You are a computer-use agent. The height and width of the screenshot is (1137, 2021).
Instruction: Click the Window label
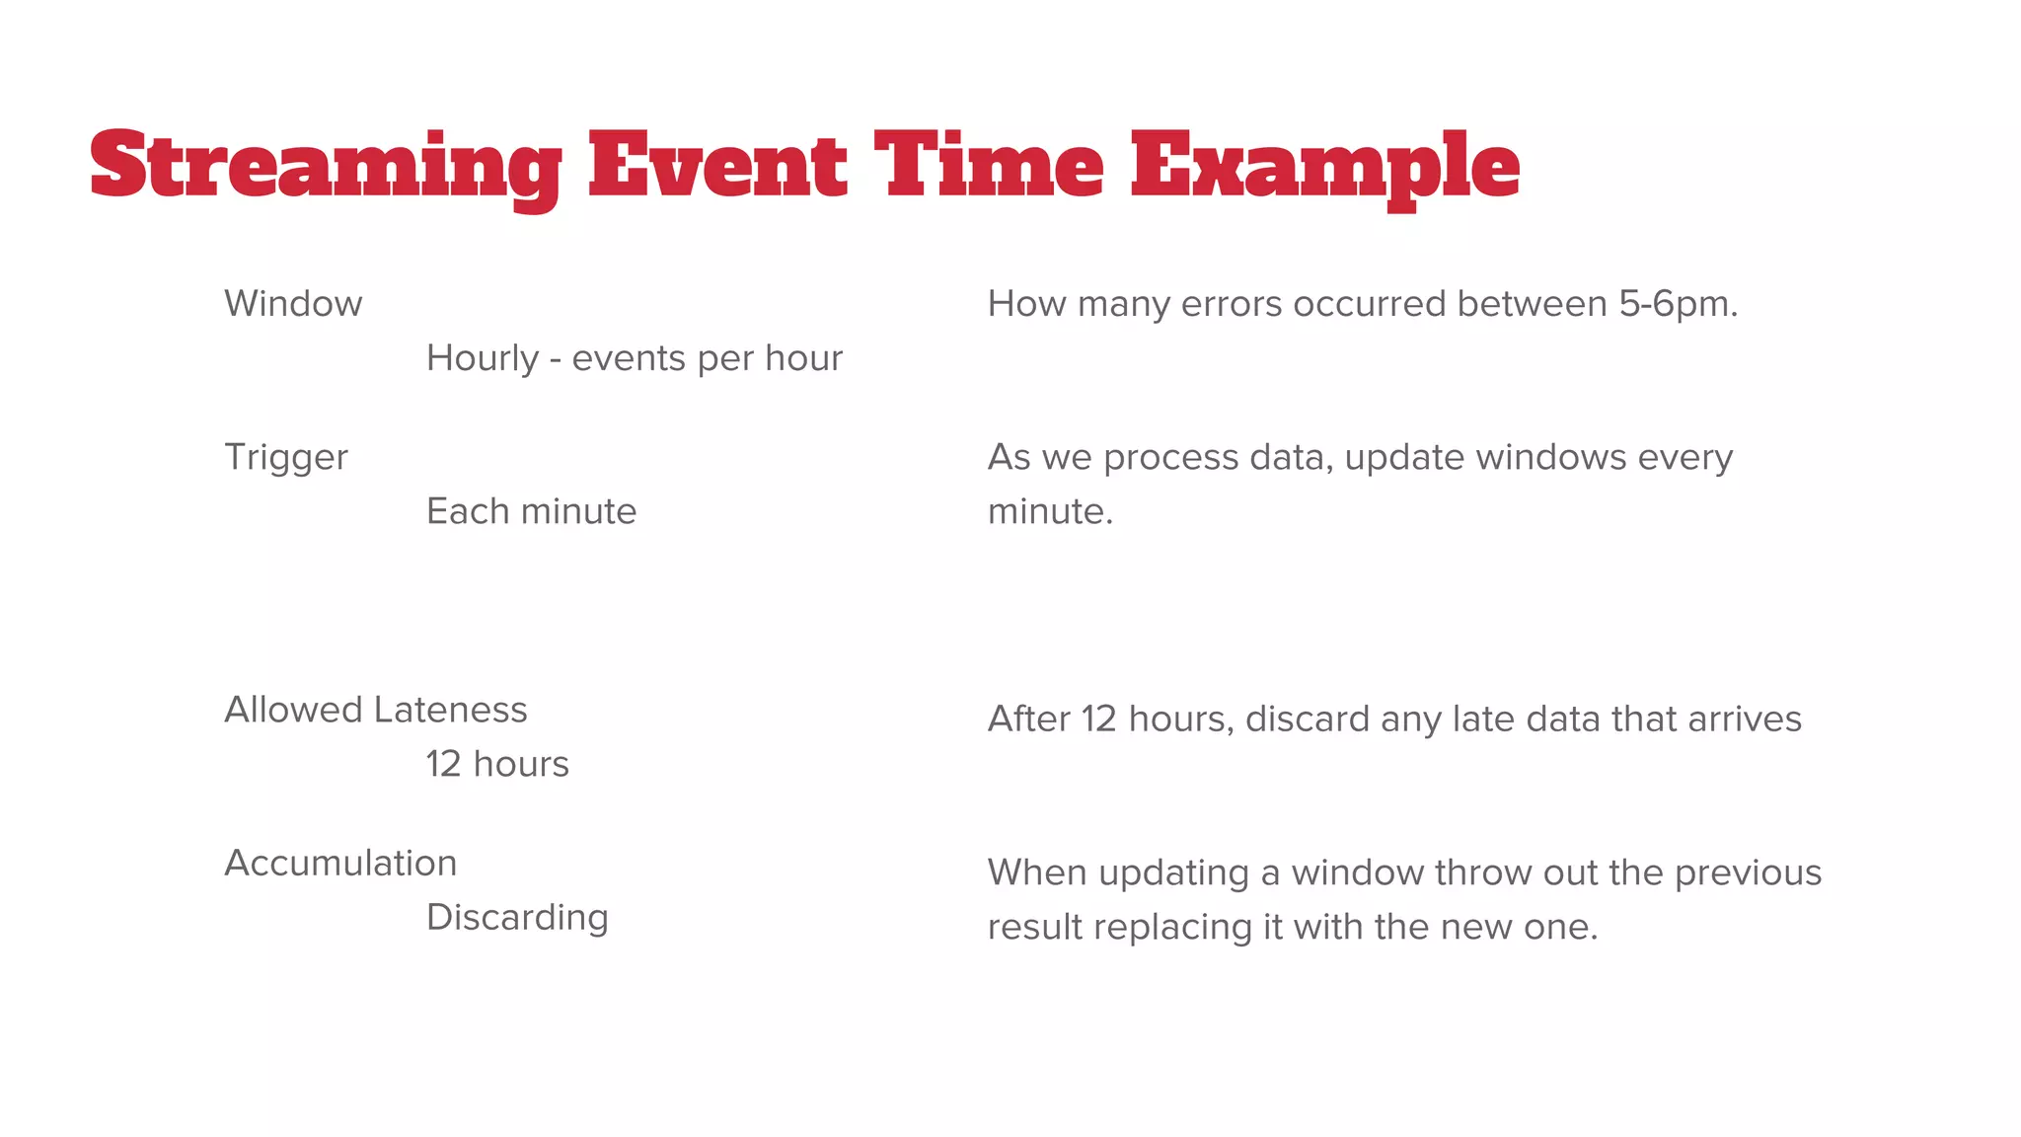tap(293, 304)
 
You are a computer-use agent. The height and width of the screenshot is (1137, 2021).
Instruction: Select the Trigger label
tap(286, 458)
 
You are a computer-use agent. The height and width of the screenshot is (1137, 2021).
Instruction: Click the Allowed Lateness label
tap(375, 710)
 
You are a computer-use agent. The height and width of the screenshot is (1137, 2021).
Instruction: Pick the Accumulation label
tap(340, 864)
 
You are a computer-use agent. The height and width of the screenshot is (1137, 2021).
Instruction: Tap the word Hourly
tap(483, 359)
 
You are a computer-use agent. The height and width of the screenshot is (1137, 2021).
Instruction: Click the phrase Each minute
tap(531, 511)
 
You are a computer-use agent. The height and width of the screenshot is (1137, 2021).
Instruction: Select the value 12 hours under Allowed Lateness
tap(497, 764)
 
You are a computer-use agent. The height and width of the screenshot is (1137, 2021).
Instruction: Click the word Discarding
tap(517, 918)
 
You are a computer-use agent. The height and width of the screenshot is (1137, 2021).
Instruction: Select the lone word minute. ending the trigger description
tap(1050, 511)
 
